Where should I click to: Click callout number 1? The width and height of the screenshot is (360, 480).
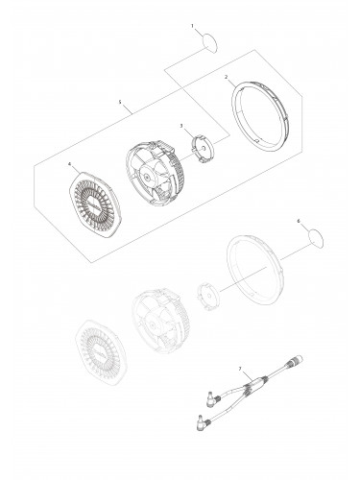point(191,26)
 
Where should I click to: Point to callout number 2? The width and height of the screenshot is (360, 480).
point(226,76)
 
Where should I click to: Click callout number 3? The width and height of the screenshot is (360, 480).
point(180,125)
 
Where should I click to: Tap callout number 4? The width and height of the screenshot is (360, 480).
point(69,164)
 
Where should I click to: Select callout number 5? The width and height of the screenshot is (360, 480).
point(119,99)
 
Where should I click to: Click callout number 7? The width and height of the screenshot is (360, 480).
point(239,370)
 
